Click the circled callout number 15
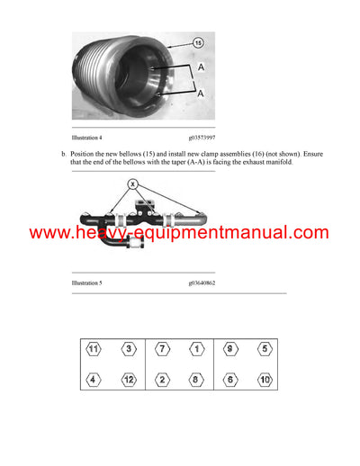[x=198, y=43]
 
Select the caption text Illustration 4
[x=87, y=138]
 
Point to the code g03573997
[x=203, y=138]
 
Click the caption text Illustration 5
[x=87, y=282]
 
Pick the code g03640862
[x=203, y=282]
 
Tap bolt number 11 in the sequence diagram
[x=93, y=349]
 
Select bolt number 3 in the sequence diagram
[x=129, y=349]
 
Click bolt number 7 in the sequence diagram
[x=162, y=349]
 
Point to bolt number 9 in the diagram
[x=230, y=349]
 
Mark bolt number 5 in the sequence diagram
[x=265, y=349]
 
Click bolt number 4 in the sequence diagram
[x=93, y=381]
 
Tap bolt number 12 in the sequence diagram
[x=129, y=381]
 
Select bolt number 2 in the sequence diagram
[x=162, y=381]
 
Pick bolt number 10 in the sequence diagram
[x=265, y=381]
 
